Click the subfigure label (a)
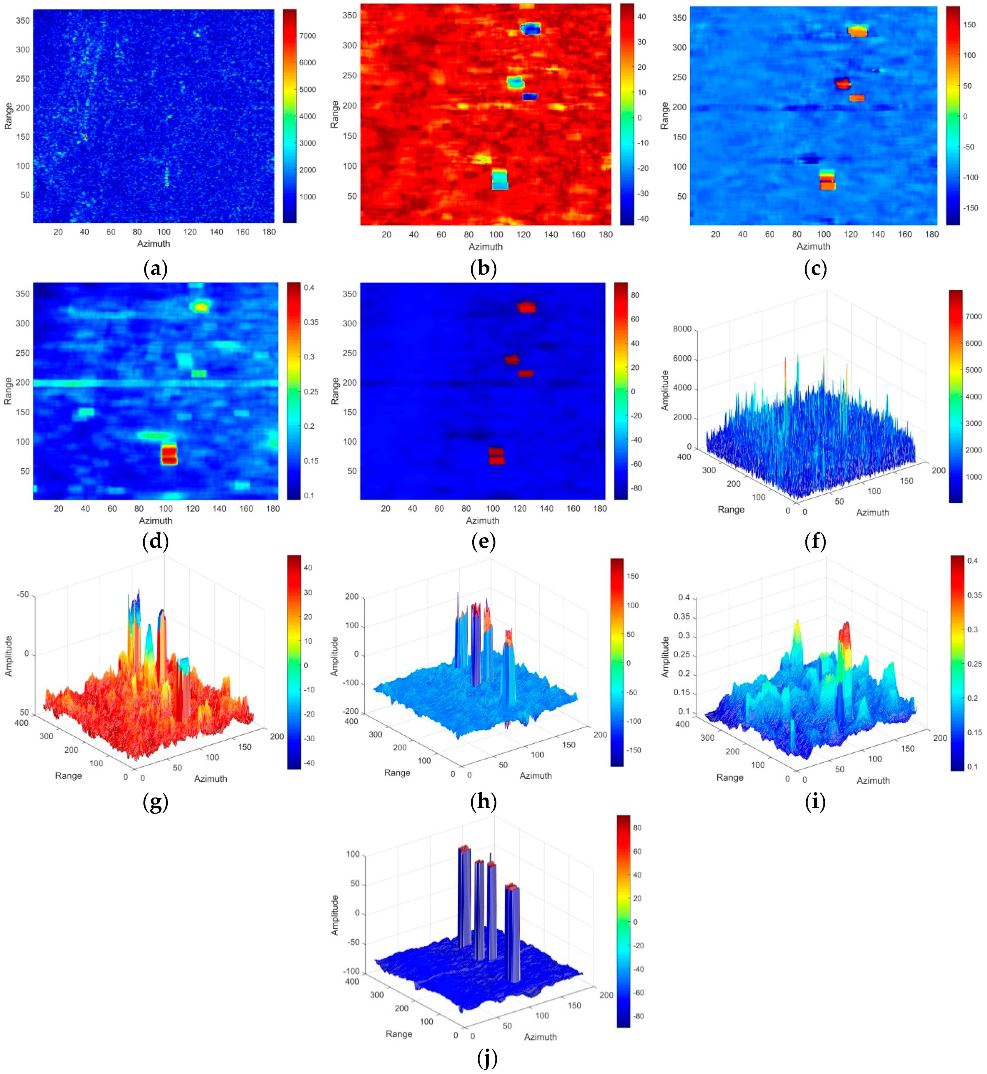(x=156, y=269)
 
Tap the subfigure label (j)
(x=487, y=1058)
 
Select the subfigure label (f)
(x=815, y=542)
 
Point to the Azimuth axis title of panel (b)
(x=485, y=247)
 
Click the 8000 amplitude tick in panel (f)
(x=682, y=329)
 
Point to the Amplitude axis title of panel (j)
(x=335, y=915)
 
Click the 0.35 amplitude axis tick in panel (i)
(x=684, y=617)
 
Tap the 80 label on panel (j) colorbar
(x=637, y=828)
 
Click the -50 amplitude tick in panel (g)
(x=23, y=595)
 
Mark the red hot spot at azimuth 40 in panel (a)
(x=84, y=137)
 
